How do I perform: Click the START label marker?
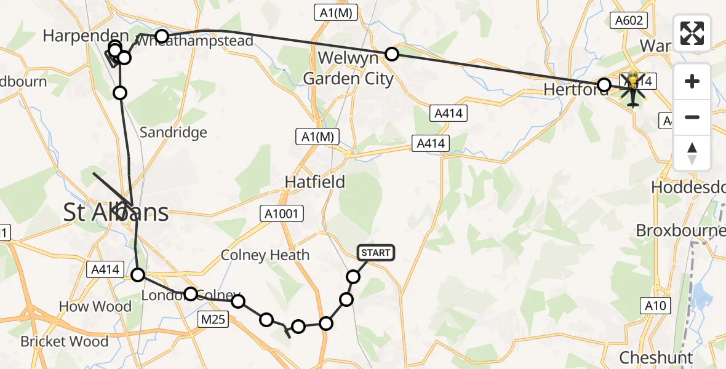[x=375, y=253]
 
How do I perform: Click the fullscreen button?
[x=692, y=33]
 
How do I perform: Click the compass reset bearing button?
[x=692, y=153]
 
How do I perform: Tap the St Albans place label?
[x=116, y=213]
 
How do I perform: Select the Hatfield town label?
[x=314, y=182]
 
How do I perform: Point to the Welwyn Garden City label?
[x=348, y=69]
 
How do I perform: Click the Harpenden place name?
[x=86, y=36]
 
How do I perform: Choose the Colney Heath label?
[x=265, y=255]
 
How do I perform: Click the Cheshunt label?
[x=656, y=357]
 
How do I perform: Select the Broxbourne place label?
[x=680, y=231]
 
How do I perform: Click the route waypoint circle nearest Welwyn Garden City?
[x=392, y=54]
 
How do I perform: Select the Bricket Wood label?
[x=64, y=341]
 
